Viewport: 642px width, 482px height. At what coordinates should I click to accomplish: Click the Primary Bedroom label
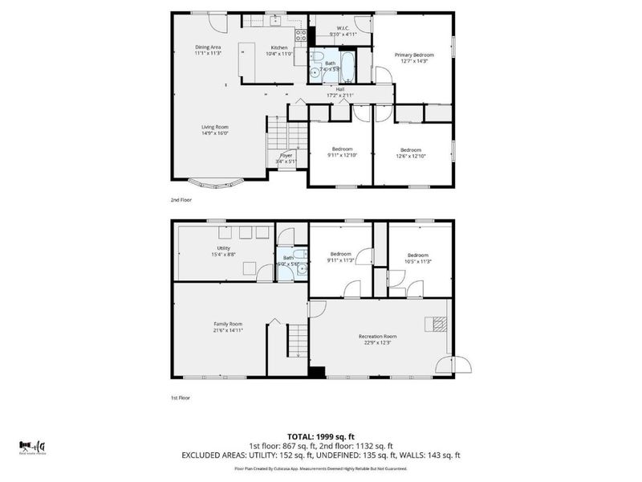click(x=413, y=55)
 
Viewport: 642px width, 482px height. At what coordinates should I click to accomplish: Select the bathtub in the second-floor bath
click(x=351, y=65)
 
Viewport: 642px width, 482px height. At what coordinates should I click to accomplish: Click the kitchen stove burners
click(x=301, y=35)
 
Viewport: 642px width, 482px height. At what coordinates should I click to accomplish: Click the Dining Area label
click(x=208, y=47)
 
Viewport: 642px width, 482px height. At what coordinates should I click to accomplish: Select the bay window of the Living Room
click(x=214, y=184)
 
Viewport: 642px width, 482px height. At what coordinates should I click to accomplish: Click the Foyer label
click(x=286, y=155)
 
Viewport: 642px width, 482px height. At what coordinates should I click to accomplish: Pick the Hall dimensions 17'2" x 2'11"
click(x=340, y=96)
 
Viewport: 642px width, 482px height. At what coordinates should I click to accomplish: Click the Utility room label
click(x=223, y=248)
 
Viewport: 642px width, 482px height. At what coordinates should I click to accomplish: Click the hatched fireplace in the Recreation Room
click(x=438, y=324)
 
